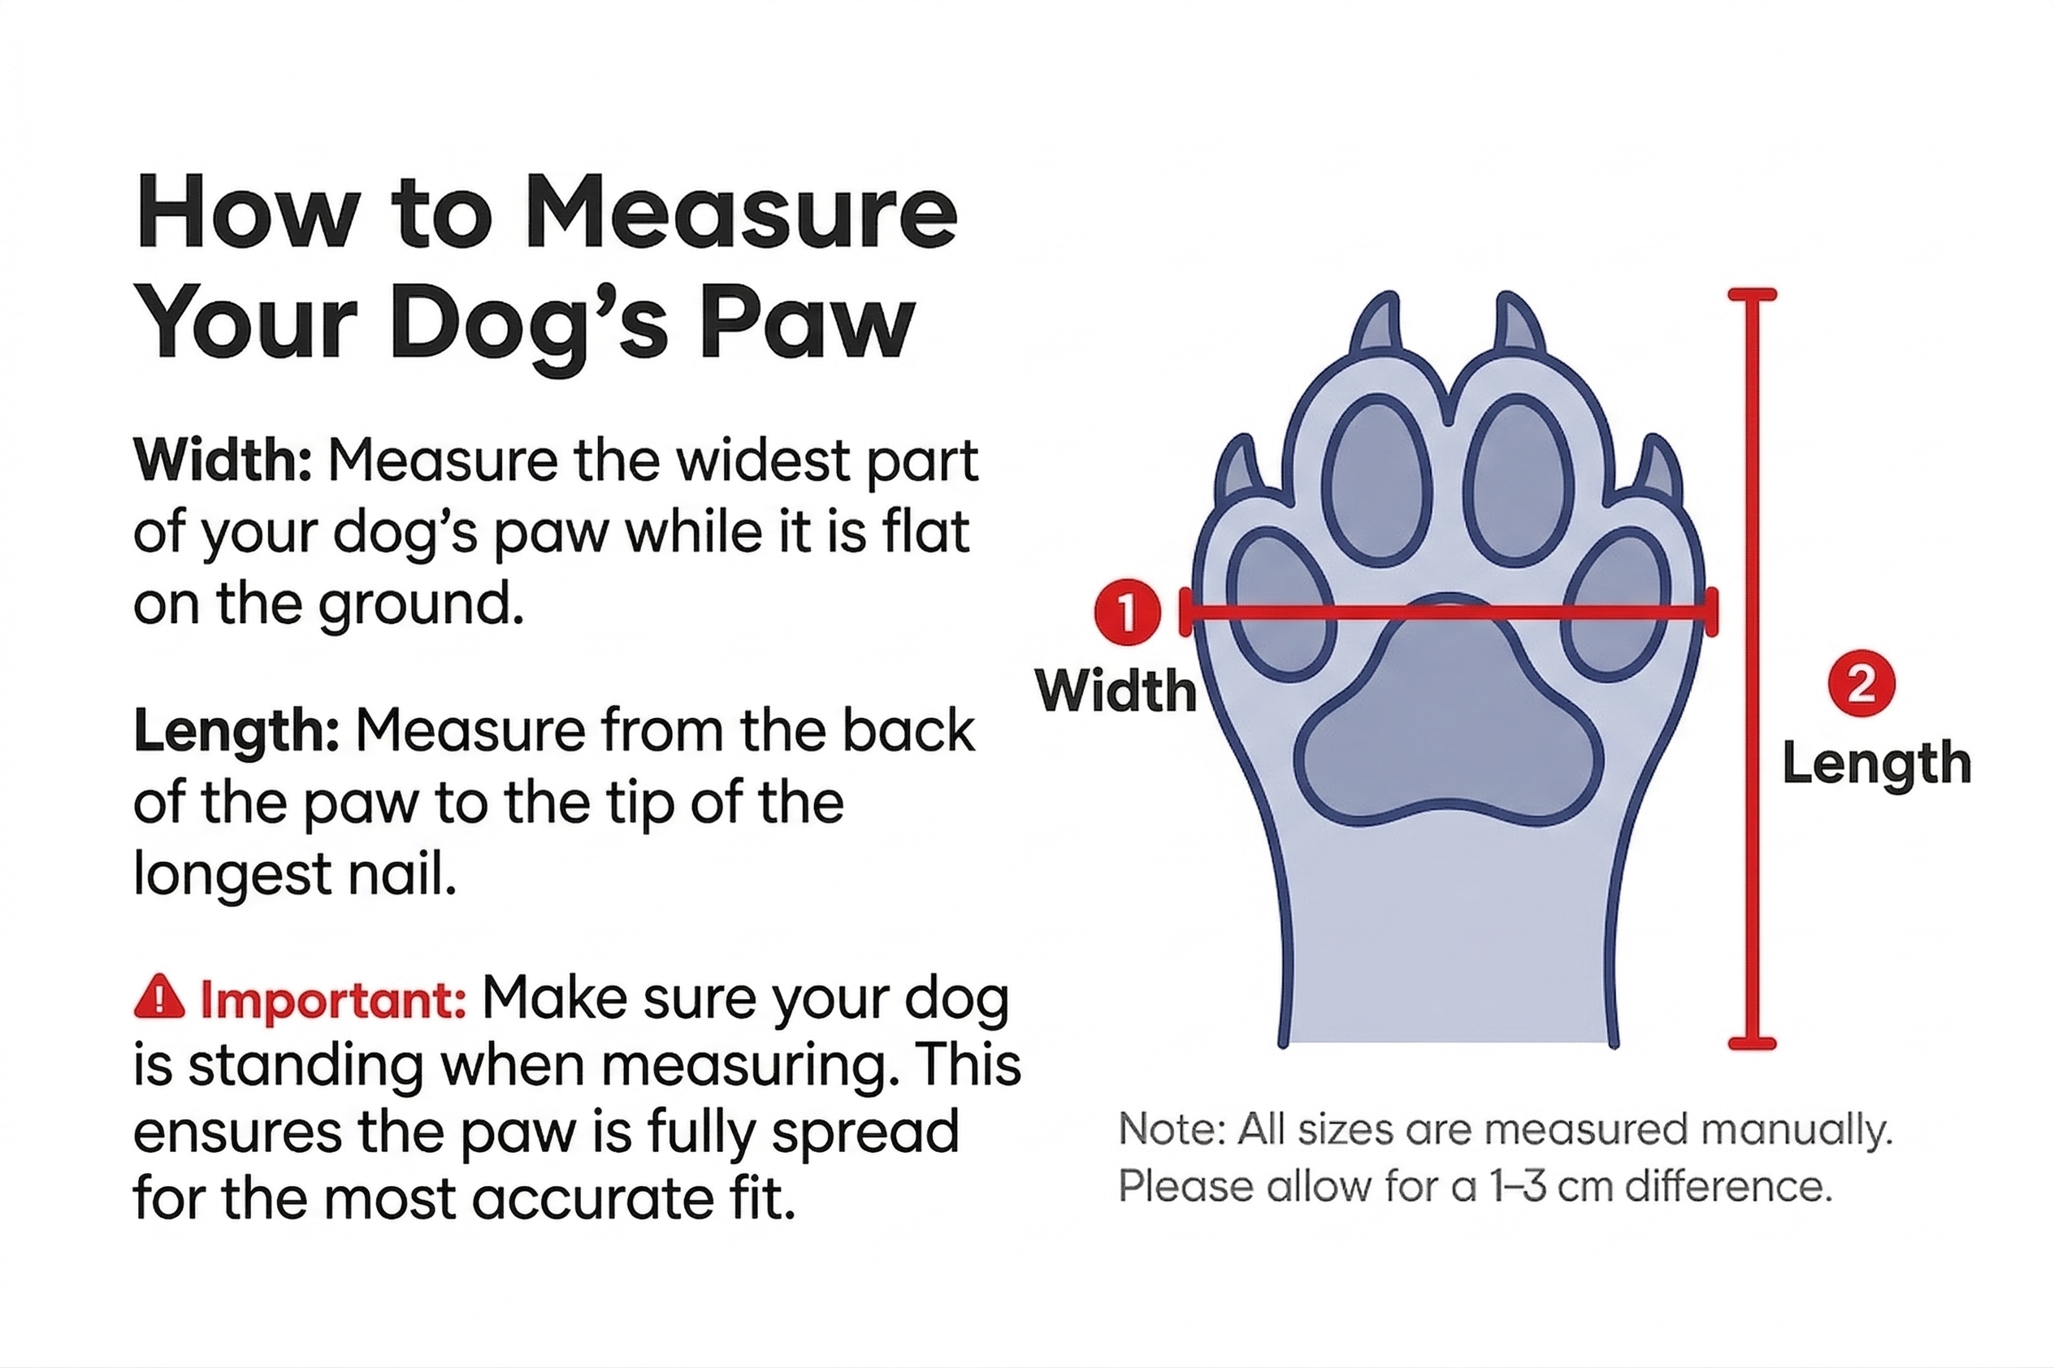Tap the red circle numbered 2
click(1861, 684)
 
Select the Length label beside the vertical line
click(1876, 764)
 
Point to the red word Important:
click(333, 1000)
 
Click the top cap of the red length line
click(1752, 295)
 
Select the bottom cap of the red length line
click(1752, 1043)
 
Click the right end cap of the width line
click(1713, 613)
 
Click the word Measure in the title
click(740, 214)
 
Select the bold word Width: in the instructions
click(222, 461)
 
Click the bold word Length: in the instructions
click(236, 731)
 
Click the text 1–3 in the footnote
click(1519, 1188)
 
